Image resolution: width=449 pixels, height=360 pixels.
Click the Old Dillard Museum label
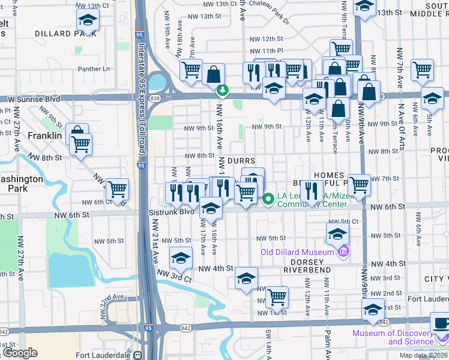click(297, 251)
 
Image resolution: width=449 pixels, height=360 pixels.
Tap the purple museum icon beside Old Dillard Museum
click(343, 251)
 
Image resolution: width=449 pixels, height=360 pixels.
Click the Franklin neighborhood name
click(45, 136)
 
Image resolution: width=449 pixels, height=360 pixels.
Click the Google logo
click(20, 353)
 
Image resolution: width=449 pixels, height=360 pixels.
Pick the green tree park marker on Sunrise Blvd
click(223, 91)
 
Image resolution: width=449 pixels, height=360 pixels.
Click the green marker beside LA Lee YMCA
click(268, 197)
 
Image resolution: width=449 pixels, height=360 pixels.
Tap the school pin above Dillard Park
click(88, 20)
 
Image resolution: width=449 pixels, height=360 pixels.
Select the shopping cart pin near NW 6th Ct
click(118, 189)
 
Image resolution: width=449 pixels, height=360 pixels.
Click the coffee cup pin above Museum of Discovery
click(442, 323)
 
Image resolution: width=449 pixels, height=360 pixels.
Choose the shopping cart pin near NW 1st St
click(277, 296)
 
